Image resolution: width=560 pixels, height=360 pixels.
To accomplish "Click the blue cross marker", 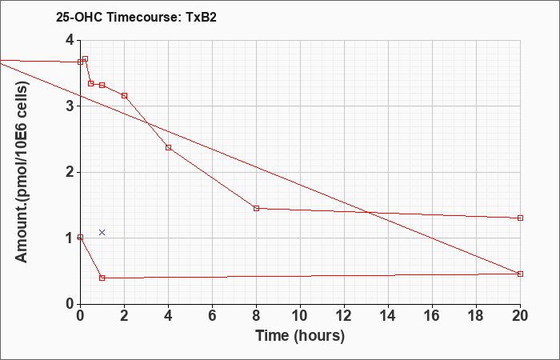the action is tap(102, 233).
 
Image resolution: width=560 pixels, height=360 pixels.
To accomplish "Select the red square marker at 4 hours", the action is tap(169, 147).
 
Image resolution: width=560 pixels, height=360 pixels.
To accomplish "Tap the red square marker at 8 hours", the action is tap(257, 208).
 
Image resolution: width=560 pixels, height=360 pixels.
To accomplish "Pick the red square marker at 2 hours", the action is tap(124, 96).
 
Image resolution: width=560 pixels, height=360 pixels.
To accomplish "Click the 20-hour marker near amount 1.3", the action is tap(520, 218).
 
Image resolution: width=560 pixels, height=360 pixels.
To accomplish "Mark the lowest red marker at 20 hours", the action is tap(520, 274).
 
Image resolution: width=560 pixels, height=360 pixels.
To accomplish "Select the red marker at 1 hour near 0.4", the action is tap(102, 278).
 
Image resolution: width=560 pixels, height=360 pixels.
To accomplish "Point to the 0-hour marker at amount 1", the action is tap(80, 237).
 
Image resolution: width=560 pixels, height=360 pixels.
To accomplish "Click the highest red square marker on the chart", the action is tap(85, 59).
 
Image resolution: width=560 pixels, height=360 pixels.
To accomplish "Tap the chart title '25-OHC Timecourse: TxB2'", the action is tap(136, 18).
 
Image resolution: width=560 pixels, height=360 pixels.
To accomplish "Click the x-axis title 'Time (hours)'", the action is tap(300, 336).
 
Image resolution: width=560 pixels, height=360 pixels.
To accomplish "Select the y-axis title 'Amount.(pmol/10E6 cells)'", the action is tap(22, 172).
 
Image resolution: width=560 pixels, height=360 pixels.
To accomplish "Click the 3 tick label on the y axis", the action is tap(70, 106).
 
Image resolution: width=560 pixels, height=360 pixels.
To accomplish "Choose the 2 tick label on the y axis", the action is tap(70, 172).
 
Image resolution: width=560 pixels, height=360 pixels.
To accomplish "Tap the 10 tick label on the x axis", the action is tap(300, 316).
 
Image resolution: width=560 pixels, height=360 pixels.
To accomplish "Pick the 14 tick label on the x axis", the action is tap(388, 316).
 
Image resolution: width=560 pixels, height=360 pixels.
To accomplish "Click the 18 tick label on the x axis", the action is tap(476, 316).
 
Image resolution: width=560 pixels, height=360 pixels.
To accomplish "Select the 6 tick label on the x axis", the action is tap(212, 316).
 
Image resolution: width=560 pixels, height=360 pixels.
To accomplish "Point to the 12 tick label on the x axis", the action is tap(344, 316).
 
